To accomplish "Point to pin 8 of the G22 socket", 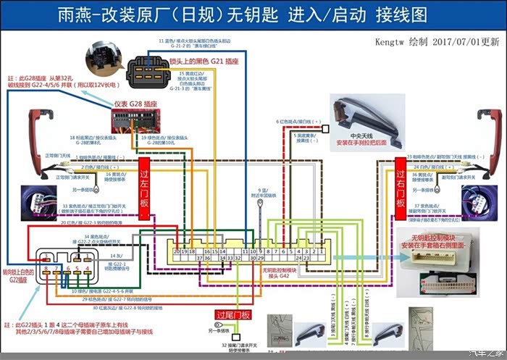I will click(46, 269).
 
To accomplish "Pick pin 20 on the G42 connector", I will click(177, 251).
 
